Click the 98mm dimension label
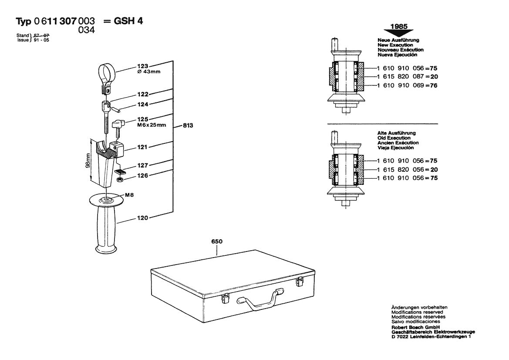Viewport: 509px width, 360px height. (87, 160)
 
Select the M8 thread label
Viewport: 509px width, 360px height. (129, 195)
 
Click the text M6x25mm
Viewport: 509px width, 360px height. (150, 125)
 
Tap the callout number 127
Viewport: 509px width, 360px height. (143, 165)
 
